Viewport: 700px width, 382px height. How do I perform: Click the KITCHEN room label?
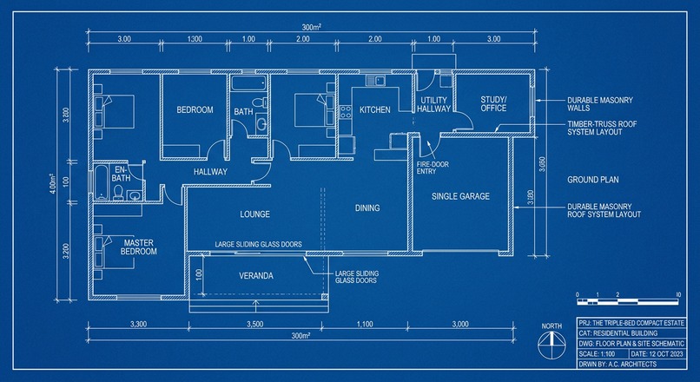pos(375,109)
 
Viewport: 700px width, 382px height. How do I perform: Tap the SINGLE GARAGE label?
pos(460,196)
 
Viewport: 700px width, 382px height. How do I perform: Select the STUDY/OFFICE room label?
pos(494,103)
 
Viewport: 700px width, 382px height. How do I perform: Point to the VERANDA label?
pos(256,276)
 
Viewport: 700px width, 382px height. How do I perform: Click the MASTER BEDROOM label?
pos(138,247)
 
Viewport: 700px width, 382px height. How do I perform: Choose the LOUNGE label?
pos(255,214)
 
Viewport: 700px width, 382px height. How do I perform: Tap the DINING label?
pos(367,208)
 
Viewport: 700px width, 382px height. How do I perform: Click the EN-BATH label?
pos(122,174)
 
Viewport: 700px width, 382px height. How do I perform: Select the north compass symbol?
pos(551,346)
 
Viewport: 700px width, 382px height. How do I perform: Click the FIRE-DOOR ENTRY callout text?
pos(433,168)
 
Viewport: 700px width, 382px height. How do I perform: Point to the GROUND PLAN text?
pos(593,180)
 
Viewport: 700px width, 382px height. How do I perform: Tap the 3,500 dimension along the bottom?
pos(255,325)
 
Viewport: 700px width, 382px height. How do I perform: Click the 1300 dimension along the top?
pos(195,39)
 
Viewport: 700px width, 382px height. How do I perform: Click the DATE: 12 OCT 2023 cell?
pos(657,354)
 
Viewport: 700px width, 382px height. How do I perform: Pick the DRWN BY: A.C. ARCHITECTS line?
pos(617,364)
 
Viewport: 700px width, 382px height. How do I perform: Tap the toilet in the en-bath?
pos(118,192)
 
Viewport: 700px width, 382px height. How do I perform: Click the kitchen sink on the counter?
pos(376,81)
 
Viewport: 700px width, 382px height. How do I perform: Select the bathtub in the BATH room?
pos(249,82)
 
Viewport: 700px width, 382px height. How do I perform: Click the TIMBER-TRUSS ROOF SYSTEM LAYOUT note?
pos(602,128)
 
